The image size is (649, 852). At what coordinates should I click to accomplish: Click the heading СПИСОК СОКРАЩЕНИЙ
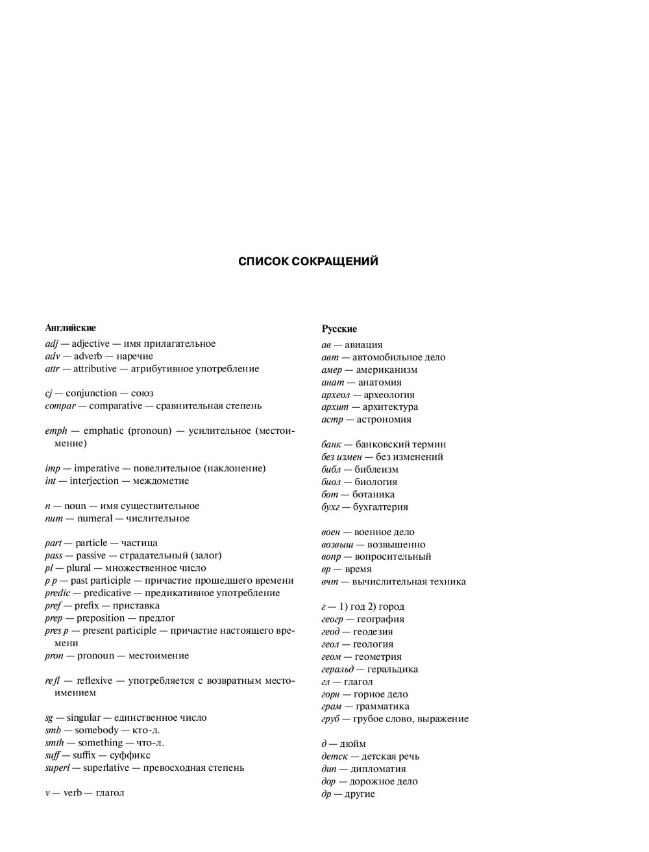(308, 262)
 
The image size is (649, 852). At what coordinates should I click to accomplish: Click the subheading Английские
(71, 328)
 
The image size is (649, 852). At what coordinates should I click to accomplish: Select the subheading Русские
(339, 329)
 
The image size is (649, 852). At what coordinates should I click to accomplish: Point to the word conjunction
(92, 394)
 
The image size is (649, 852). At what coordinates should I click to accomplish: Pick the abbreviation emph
(56, 431)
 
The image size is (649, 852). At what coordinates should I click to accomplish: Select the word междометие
(161, 481)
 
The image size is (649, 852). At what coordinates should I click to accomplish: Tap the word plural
(79, 568)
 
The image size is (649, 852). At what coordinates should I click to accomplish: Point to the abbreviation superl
(57, 768)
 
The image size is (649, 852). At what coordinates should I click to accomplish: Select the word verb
(73, 794)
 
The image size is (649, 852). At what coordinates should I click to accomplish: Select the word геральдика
(393, 670)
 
